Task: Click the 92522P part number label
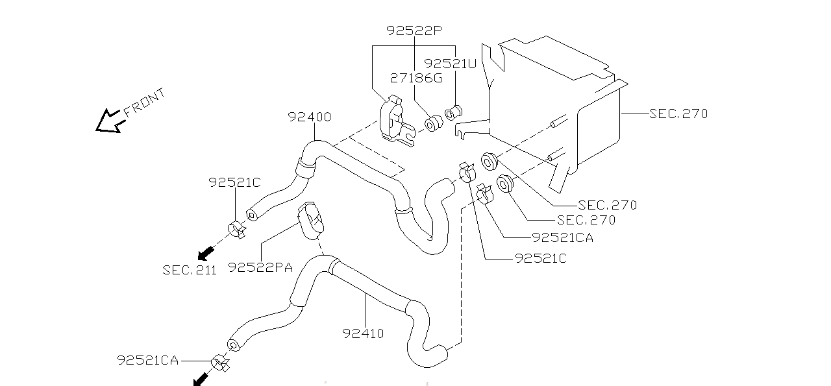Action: [414, 30]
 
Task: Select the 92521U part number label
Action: [450, 64]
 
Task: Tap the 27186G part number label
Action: [416, 78]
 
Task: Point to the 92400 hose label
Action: [310, 117]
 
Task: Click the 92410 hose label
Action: [363, 333]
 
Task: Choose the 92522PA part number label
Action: [260, 267]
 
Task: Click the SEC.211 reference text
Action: [189, 270]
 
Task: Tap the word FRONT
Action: [144, 103]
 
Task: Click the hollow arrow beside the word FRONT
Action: [108, 121]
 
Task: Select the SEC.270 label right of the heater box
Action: [678, 114]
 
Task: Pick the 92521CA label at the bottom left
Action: [147, 360]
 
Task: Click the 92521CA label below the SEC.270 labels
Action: [562, 237]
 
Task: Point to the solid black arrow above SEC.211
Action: [206, 253]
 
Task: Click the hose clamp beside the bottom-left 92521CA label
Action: [220, 363]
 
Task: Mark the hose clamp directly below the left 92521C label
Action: [236, 230]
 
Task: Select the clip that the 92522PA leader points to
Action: [310, 221]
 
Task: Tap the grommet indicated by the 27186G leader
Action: [433, 123]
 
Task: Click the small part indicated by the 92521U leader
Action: [453, 113]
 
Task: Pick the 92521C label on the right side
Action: [541, 258]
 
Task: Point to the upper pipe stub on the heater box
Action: [559, 121]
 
